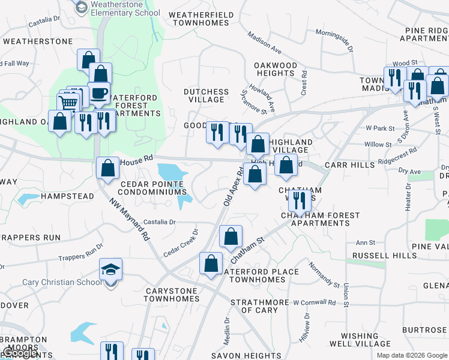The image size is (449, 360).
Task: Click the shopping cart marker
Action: pos(68,103)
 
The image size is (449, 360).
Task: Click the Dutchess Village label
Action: pos(206,96)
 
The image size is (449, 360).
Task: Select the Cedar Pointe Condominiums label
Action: pos(152,188)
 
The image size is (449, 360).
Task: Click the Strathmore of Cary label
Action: pos(254,306)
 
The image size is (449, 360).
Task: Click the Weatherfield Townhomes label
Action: pos(200,18)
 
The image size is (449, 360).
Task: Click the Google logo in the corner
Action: pos(20,353)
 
